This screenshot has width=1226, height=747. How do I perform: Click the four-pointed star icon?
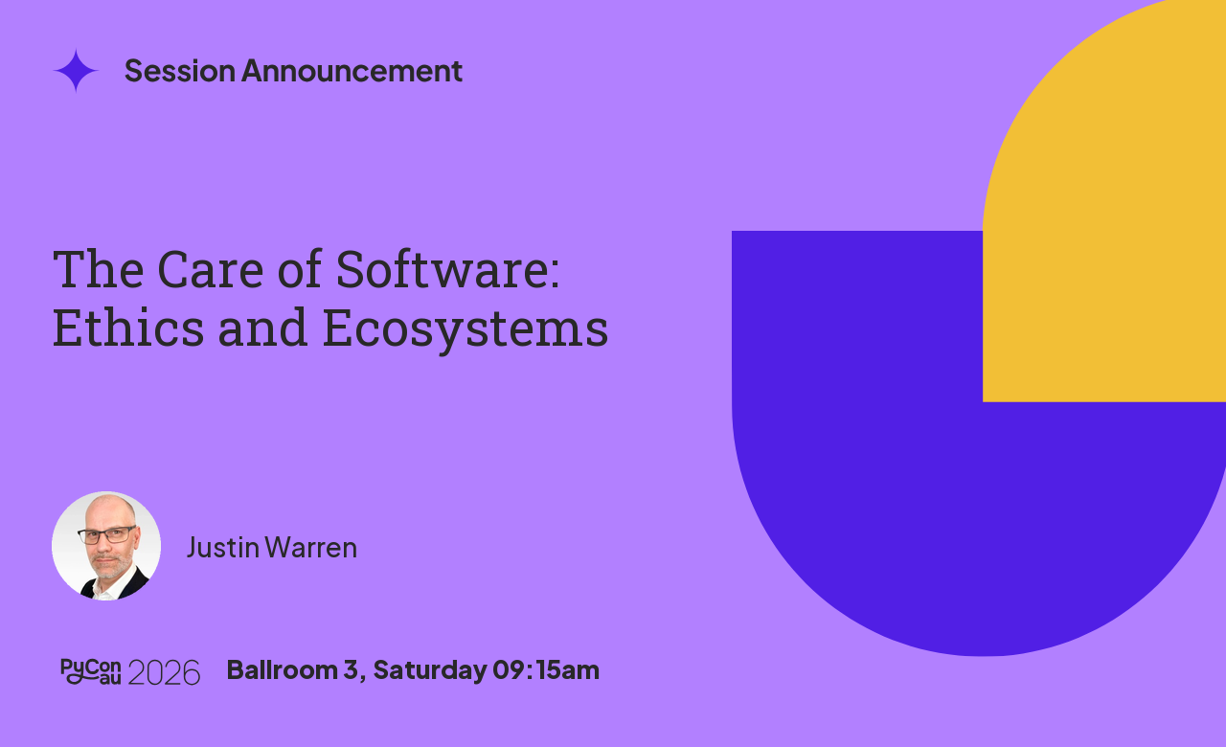(x=76, y=71)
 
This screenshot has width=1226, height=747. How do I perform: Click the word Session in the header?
(x=179, y=71)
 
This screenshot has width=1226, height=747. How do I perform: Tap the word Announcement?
(x=352, y=71)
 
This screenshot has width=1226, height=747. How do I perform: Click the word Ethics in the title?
(x=128, y=328)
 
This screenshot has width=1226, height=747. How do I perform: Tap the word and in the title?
(x=262, y=328)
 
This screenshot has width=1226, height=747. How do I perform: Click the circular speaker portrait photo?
(x=106, y=546)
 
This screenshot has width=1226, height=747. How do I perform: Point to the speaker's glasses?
(x=107, y=534)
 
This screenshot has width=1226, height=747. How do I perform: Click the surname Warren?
(x=311, y=548)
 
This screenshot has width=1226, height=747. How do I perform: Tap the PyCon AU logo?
(x=90, y=671)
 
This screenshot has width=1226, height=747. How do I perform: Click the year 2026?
(x=164, y=672)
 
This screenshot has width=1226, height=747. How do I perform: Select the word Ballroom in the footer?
(x=282, y=669)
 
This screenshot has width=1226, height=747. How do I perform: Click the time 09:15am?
(x=546, y=669)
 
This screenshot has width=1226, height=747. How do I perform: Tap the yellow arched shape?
(x=1105, y=219)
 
